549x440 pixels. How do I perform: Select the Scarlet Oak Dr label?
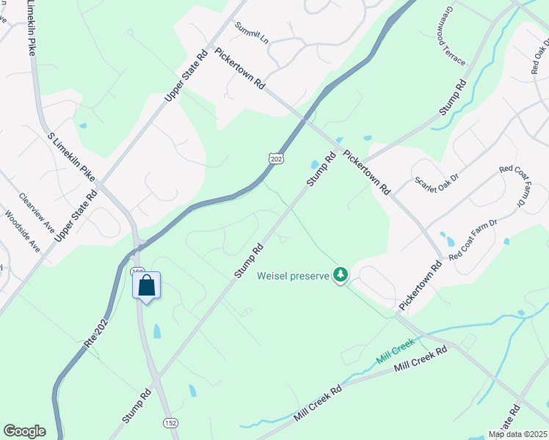pyautogui.click(x=436, y=183)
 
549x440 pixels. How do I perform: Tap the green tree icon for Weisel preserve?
pyautogui.click(x=340, y=275)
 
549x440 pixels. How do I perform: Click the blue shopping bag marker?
pyautogui.click(x=146, y=285)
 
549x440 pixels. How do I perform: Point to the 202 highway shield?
pyautogui.click(x=275, y=159)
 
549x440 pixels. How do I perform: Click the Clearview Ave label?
pyautogui.click(x=37, y=212)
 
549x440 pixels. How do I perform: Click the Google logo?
pyautogui.click(x=24, y=431)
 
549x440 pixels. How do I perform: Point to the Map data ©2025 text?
pyautogui.click(x=517, y=434)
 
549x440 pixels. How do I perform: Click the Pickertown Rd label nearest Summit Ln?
pyautogui.click(x=239, y=70)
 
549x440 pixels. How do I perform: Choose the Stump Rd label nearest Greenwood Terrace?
pyautogui.click(x=453, y=96)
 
